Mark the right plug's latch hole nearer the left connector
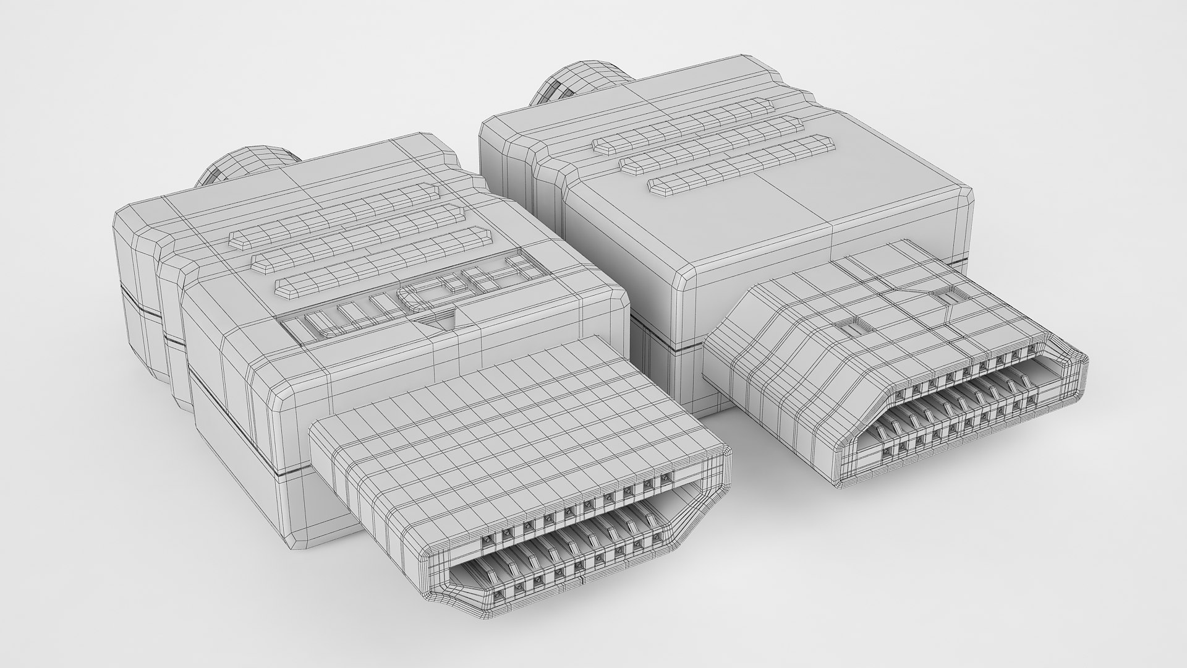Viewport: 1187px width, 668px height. point(851,326)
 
